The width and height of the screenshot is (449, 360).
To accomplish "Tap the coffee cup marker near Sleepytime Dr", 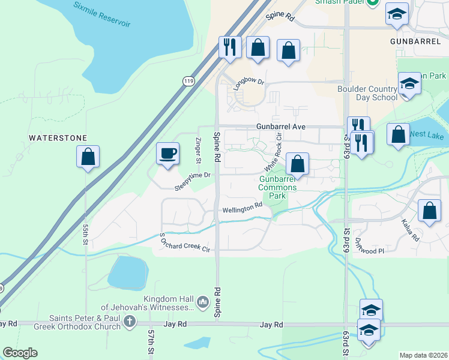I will tap(167, 152).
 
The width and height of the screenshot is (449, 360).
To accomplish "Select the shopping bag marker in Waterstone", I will tap(88, 157).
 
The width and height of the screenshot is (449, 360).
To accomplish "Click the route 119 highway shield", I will tap(188, 80).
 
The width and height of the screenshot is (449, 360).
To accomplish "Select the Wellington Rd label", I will tap(243, 208).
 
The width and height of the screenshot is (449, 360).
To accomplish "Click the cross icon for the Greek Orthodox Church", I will tap(129, 322).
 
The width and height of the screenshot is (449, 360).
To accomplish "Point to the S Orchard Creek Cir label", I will tap(184, 244).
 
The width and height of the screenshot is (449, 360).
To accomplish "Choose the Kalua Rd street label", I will tap(410, 230).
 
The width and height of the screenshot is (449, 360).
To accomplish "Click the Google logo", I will tap(20, 353).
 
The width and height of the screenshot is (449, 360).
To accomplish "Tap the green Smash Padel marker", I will tap(373, 2).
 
